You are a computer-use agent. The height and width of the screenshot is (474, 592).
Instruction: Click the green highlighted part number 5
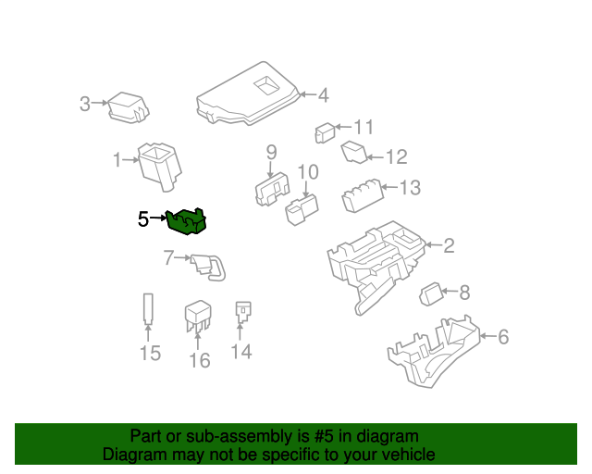click(187, 221)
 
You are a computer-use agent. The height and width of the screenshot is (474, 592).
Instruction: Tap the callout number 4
click(323, 95)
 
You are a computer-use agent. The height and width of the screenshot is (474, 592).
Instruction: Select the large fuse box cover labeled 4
click(248, 94)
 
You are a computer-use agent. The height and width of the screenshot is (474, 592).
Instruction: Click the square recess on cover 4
click(267, 86)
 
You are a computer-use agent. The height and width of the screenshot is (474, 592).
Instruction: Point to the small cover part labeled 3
click(129, 107)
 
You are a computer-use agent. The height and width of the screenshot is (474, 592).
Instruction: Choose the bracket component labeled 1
click(159, 167)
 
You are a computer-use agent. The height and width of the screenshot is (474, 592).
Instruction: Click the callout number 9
click(271, 153)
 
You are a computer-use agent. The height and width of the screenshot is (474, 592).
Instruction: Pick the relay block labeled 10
click(302, 209)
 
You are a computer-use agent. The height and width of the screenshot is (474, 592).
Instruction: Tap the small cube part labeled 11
click(325, 133)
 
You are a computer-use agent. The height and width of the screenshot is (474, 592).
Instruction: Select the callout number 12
click(397, 156)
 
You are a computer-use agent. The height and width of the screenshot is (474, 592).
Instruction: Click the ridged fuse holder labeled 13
click(363, 195)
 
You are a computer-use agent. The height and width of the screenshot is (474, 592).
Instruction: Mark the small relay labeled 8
click(431, 293)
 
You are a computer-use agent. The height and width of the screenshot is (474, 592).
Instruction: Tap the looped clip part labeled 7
click(208, 268)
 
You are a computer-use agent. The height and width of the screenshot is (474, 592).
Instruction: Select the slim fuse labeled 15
click(148, 309)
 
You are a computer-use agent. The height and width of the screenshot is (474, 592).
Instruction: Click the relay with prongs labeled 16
click(198, 316)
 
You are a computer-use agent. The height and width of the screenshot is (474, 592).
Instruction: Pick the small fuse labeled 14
click(243, 312)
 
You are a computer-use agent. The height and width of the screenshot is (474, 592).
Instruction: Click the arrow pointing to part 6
click(488, 336)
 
